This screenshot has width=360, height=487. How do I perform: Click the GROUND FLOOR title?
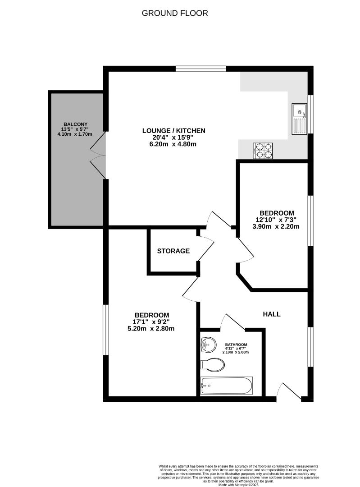pos(175,13)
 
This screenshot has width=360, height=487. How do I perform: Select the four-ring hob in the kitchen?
pos(264,150)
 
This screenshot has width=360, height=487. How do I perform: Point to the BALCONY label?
pos(75,124)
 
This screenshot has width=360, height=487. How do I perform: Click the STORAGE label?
pos(173,251)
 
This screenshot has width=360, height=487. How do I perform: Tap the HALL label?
pos(272,314)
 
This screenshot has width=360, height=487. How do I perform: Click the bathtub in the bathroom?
pos(227,386)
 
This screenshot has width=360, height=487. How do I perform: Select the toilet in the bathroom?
pos(212,364)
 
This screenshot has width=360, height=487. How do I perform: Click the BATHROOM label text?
pos(236,345)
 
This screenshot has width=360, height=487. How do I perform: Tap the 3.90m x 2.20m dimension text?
pos(277,226)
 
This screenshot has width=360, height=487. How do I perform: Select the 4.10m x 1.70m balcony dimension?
pos(75,134)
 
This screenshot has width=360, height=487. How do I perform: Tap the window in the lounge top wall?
pos(201,69)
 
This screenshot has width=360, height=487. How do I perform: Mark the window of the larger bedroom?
pos(105,330)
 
